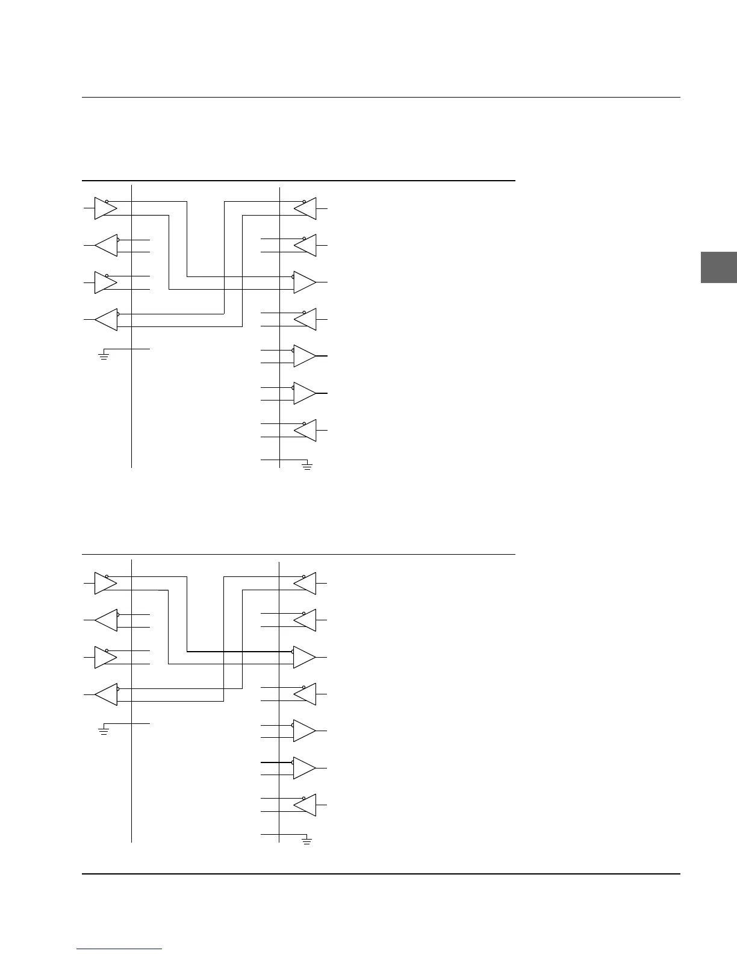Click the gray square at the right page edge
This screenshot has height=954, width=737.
click(x=719, y=267)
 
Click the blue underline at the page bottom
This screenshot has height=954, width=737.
click(x=119, y=949)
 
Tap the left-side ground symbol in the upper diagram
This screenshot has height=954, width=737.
click(x=104, y=355)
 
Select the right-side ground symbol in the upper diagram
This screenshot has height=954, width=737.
click(x=307, y=466)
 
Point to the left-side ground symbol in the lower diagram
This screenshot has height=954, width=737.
click(x=104, y=731)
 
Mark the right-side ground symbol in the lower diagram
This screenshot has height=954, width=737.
click(x=307, y=841)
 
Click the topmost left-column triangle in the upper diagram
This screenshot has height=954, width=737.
click(x=104, y=208)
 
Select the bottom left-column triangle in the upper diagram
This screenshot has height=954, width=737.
click(x=107, y=319)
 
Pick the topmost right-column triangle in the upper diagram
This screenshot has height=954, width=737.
click(x=306, y=208)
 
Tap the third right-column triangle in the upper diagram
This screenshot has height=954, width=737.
click(x=303, y=282)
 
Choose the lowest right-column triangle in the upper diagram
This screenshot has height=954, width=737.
click(x=306, y=430)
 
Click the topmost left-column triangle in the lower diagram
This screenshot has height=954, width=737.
click(x=104, y=583)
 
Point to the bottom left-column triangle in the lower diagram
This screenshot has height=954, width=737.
click(x=107, y=694)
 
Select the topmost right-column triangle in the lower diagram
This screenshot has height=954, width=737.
click(x=306, y=583)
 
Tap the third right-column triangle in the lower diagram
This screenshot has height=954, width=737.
click(x=303, y=657)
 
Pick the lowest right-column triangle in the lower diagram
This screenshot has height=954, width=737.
click(x=306, y=805)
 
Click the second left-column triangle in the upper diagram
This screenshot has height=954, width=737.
click(x=107, y=245)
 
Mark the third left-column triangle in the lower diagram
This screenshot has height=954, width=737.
click(x=104, y=657)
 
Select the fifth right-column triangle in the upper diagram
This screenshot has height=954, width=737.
click(x=303, y=356)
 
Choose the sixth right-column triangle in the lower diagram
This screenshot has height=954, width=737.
click(x=303, y=768)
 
